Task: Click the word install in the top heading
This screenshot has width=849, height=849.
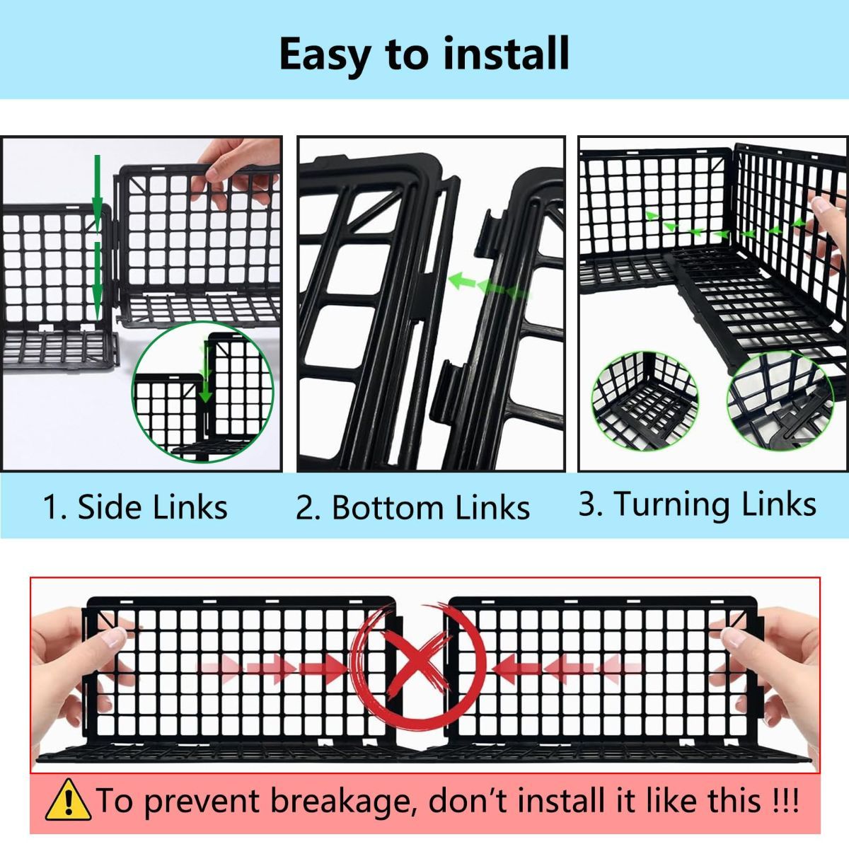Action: (506, 54)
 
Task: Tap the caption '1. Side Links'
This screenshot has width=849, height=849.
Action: (135, 507)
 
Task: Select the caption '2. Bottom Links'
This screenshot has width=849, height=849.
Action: (412, 507)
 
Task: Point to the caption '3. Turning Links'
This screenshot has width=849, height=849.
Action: (698, 504)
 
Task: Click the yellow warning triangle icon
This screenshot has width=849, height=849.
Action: (68, 799)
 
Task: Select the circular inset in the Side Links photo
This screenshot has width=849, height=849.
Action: (203, 392)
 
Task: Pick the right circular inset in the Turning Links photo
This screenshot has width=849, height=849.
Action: (780, 401)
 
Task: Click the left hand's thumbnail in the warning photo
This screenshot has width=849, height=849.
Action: (114, 637)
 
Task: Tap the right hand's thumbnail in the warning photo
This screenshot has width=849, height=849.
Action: (734, 637)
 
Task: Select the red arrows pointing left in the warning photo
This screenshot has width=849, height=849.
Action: (567, 669)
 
